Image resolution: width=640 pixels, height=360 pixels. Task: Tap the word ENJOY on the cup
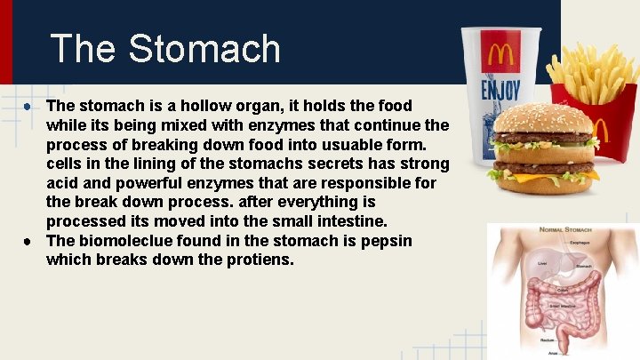(500, 90)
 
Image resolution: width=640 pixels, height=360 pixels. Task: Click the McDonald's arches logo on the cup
(501, 56)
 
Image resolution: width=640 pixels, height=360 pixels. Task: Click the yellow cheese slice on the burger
(533, 176)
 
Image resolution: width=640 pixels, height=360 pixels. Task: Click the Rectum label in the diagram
(548, 340)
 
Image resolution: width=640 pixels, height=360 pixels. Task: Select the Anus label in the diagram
(553, 353)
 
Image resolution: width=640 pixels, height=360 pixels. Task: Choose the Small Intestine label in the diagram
(561, 306)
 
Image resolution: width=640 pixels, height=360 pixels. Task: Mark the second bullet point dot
(29, 241)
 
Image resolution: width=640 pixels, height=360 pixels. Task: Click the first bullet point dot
(29, 105)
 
